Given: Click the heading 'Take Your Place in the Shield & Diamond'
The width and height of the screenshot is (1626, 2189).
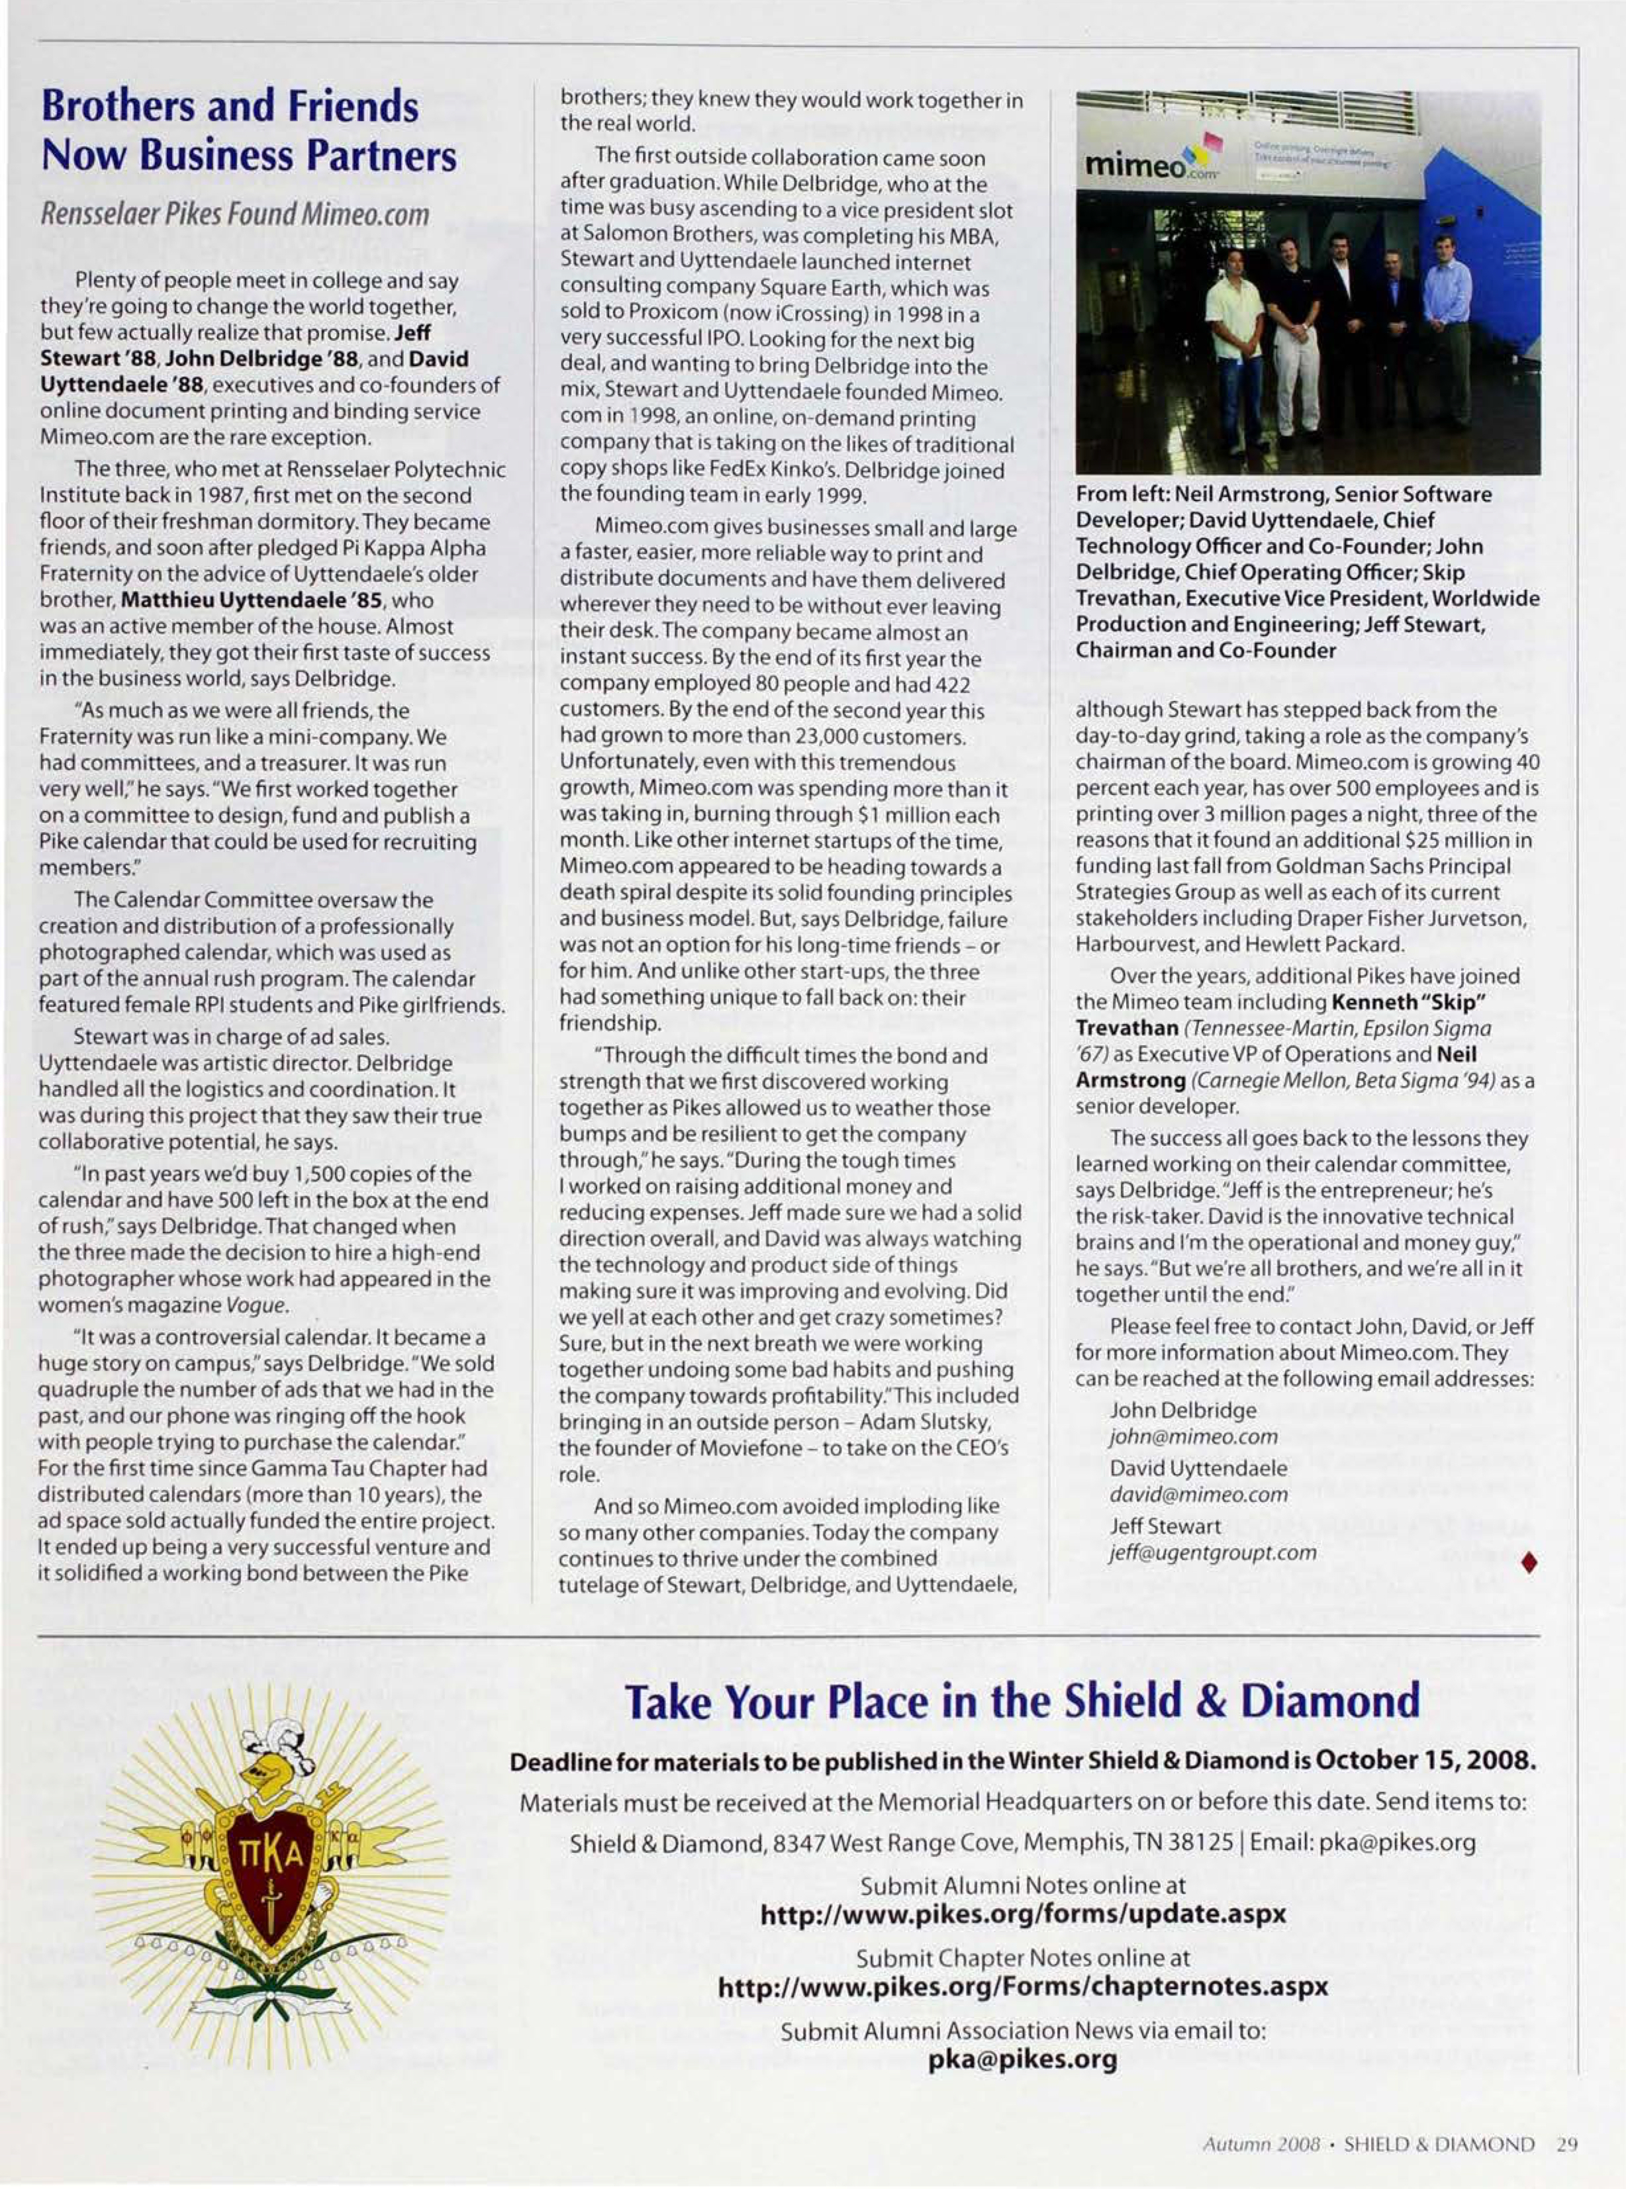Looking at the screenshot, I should click(1023, 1701).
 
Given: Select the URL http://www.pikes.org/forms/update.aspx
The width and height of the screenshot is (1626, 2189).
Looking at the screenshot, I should click(1023, 1914).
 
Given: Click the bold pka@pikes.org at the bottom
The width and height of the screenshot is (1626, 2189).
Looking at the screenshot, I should click(1023, 2059).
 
